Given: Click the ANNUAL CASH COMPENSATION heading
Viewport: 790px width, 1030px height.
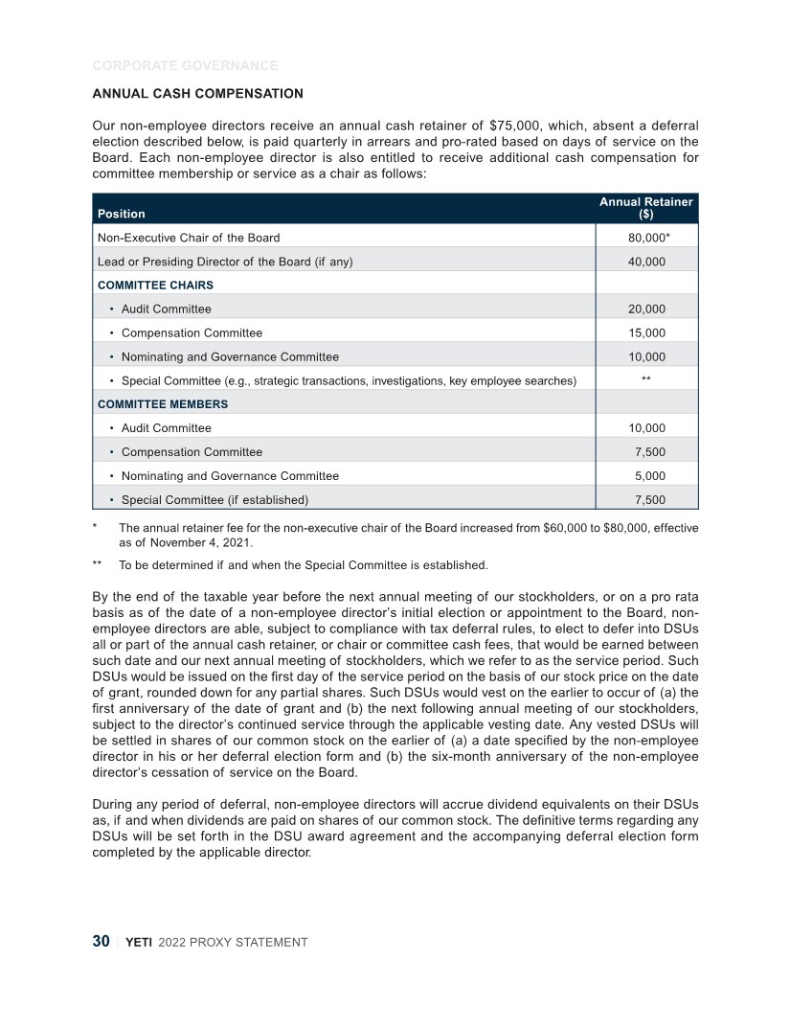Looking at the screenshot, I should (197, 94).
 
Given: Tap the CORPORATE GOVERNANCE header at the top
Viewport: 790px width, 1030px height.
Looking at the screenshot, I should (185, 66).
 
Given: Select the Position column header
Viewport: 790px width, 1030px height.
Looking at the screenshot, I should (119, 214).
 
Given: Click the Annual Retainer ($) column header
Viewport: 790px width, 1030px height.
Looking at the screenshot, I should (645, 208).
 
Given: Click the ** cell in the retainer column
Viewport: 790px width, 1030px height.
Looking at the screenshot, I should (645, 380).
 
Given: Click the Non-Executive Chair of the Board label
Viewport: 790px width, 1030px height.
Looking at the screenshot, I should (189, 237).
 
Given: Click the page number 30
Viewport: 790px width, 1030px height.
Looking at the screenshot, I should (101, 942).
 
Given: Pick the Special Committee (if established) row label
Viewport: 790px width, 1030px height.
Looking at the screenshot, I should (214, 499).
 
